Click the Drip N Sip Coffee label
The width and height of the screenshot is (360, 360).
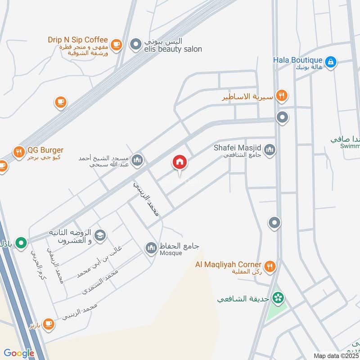[x=78, y=40]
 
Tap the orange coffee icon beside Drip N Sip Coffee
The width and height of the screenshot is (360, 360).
[x=117, y=44]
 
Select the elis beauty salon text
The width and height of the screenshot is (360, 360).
[x=173, y=49]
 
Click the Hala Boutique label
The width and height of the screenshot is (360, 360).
[x=298, y=60]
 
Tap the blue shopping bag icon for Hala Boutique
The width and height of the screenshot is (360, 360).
[x=331, y=62]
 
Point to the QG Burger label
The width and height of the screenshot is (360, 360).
[x=45, y=150]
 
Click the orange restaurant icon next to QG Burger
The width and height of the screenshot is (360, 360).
[x=18, y=152]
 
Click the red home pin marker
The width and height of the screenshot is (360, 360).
[x=180, y=162]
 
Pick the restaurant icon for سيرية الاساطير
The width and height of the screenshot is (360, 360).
[x=282, y=95]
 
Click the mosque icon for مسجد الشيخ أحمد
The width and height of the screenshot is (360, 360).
[x=138, y=160]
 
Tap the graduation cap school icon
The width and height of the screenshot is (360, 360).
[x=100, y=235]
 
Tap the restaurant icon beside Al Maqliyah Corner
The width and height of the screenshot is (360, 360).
[x=270, y=266]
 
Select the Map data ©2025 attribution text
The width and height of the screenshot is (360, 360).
[x=336, y=355]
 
